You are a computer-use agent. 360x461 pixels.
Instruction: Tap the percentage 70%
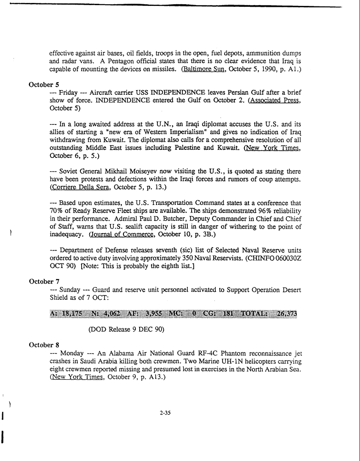click(57, 211)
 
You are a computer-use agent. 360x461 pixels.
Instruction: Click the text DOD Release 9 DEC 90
click(126, 329)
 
